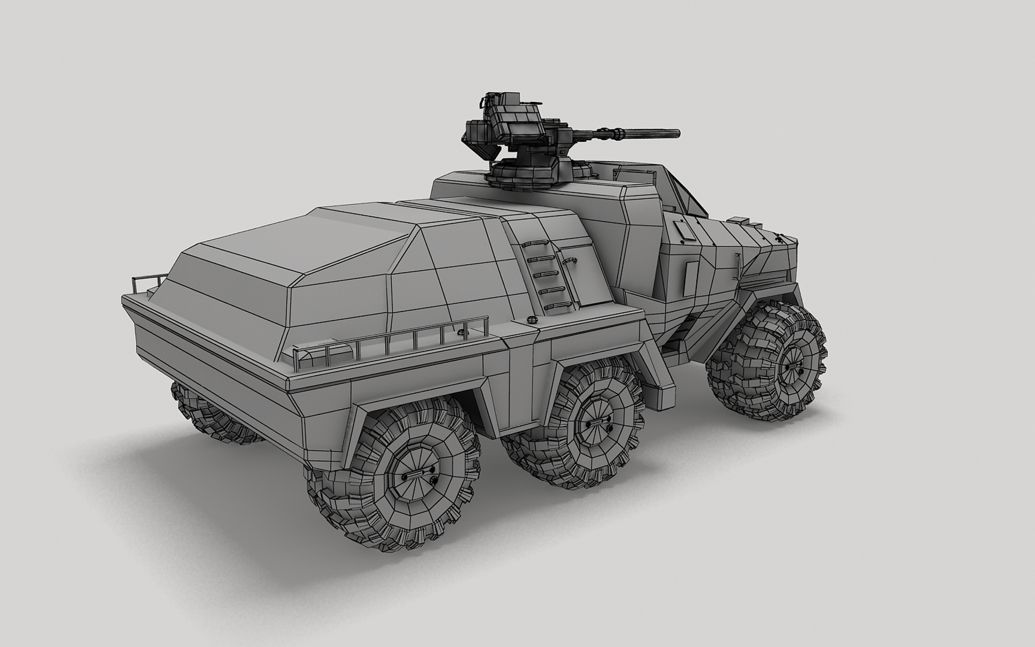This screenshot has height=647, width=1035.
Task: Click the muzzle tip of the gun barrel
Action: [x=677, y=132]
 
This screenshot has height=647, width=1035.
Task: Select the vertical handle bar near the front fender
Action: [x=737, y=264]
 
